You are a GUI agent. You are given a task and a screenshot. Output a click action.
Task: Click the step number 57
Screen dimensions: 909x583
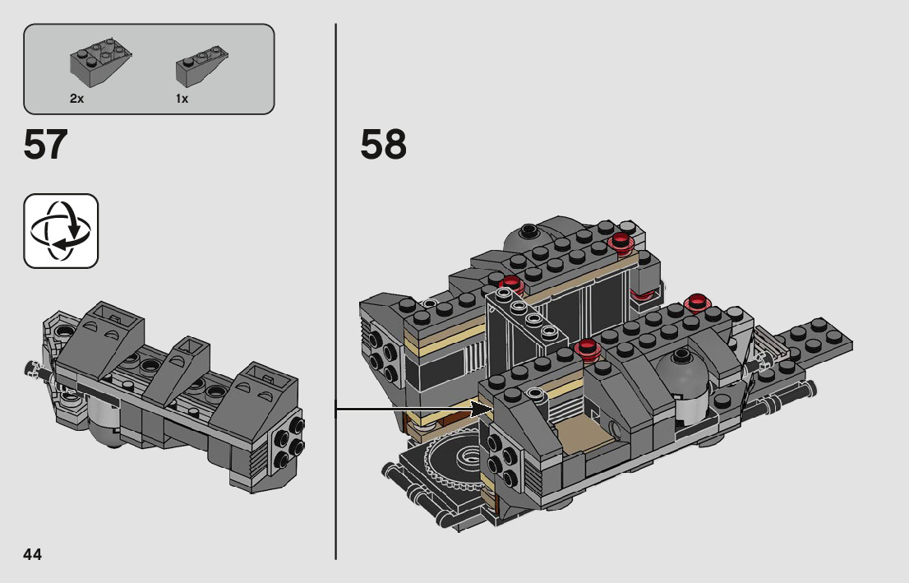pos(45,145)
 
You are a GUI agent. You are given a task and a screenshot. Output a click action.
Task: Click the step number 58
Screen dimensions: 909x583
pos(383,145)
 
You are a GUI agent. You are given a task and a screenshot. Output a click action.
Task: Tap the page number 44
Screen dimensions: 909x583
pos(33,554)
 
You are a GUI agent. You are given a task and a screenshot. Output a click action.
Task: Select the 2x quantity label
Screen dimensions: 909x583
pos(76,99)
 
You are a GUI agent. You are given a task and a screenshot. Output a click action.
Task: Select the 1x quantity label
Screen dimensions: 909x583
pos(182,99)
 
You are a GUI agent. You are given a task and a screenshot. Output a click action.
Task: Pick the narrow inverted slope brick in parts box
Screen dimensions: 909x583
pos(201,67)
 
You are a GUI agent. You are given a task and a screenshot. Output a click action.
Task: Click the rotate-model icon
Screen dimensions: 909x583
pos(61,231)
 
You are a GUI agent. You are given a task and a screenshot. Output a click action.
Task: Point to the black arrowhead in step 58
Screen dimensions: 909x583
pos(481,409)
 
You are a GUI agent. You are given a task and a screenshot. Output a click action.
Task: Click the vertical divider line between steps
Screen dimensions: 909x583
pos(335,291)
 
